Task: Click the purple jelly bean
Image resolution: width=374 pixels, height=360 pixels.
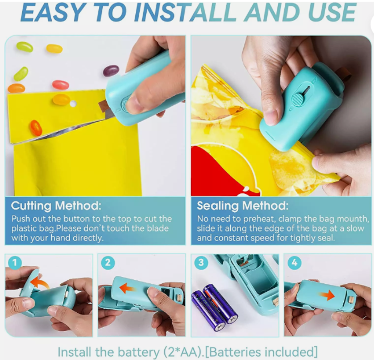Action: pyautogui.click(x=111, y=71)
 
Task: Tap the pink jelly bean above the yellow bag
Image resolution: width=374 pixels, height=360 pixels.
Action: pyautogui.click(x=61, y=85)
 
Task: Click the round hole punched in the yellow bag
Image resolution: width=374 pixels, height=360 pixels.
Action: pyautogui.click(x=73, y=104)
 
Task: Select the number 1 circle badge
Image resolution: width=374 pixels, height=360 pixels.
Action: pyautogui.click(x=15, y=263)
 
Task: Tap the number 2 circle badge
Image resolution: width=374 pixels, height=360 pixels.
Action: pyautogui.click(x=108, y=263)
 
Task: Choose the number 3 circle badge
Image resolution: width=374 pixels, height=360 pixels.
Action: pyautogui.click(x=201, y=263)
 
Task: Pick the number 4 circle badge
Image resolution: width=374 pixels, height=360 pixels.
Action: pyautogui.click(x=294, y=263)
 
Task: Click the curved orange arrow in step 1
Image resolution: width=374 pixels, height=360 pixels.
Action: pyautogui.click(x=40, y=282)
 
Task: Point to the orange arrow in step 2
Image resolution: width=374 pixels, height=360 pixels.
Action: pyautogui.click(x=127, y=288)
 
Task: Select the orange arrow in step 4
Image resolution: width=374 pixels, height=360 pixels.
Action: pyautogui.click(x=327, y=295)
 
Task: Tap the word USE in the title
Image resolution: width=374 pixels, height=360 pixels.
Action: pyautogui.click(x=333, y=13)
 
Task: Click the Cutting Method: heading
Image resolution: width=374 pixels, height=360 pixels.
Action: pyautogui.click(x=56, y=206)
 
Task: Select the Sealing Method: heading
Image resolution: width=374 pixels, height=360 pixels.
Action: pyautogui.click(x=243, y=206)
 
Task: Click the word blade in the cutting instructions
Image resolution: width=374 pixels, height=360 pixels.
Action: pyautogui.click(x=157, y=228)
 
